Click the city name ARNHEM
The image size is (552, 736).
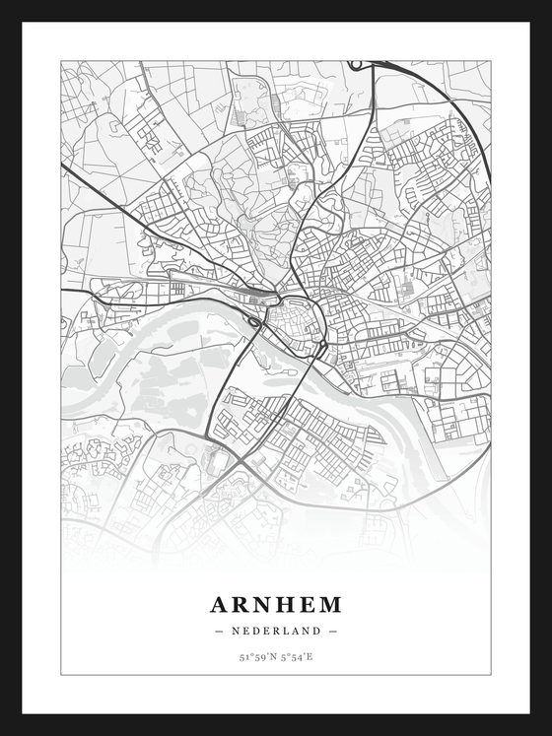[276, 604]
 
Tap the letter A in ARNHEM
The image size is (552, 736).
[219, 604]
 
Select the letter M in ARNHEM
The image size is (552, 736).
[331, 604]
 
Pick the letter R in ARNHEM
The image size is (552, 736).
[241, 604]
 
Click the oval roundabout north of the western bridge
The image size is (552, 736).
[254, 321]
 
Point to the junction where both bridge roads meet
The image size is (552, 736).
[241, 461]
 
